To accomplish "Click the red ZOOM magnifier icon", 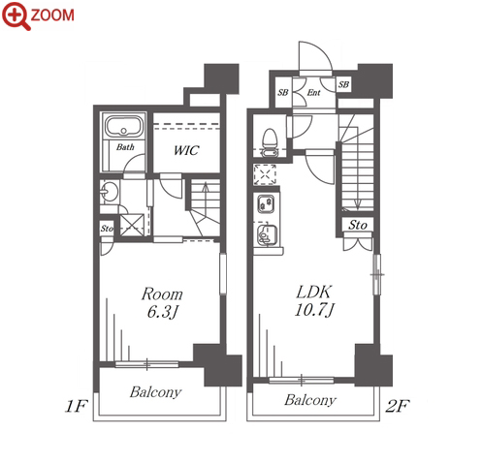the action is coord(16,15).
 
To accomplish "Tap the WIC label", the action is coord(186,150).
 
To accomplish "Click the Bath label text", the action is coord(125,147).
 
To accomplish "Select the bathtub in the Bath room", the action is coord(124,126).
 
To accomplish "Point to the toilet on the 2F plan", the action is coord(269,141).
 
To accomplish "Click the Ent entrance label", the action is coord(313,93).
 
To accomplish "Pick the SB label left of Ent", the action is coord(283,93).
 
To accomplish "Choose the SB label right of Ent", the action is coord(343,84).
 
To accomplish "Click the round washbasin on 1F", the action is coord(110,192).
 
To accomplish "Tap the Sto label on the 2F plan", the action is coord(358,225).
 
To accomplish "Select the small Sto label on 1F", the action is coord(107,229).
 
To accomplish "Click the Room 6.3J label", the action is coord(162,303).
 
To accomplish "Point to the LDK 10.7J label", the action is coord(314,301).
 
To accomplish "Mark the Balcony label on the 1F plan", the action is coord(155,392).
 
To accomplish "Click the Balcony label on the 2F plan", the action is coord(310,400).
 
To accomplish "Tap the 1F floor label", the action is coord(77,406).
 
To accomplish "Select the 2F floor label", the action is coord(398,406).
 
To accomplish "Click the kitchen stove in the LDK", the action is coord(266,203).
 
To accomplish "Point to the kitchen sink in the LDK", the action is coord(267,235).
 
